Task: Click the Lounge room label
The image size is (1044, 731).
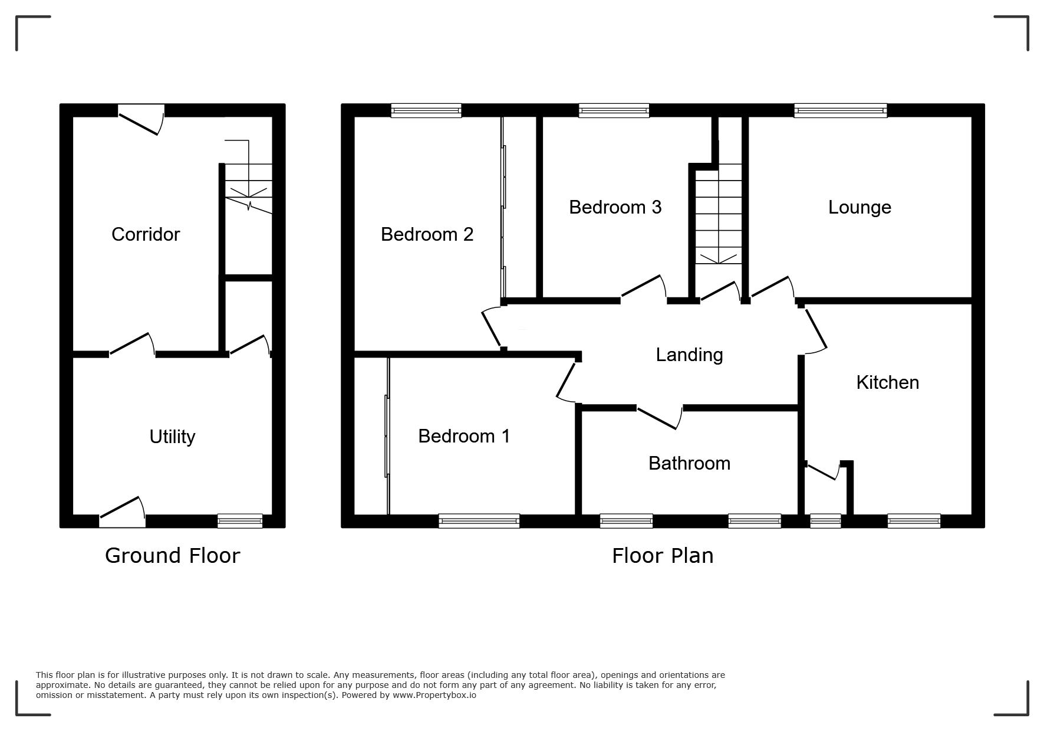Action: coord(859,207)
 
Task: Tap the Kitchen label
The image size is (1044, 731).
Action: coord(887,382)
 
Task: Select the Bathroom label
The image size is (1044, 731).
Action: coord(689,463)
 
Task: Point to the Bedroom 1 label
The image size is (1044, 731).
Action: coord(464,436)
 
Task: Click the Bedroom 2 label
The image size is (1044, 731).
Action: coord(427,234)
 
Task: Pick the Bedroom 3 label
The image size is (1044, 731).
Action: coord(615,207)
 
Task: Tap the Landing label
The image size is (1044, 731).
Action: coord(689,355)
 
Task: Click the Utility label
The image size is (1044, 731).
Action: coord(172,437)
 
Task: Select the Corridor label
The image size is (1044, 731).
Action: coord(146,234)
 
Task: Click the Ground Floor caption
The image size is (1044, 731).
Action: coord(173,556)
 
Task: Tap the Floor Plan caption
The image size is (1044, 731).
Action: coord(663,556)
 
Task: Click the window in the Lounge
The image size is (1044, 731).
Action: coord(840,110)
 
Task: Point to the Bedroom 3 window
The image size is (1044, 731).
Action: coord(614,110)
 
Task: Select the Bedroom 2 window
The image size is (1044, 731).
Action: coord(426,110)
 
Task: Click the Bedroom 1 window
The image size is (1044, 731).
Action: coord(479,520)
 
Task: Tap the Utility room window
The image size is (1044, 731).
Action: coord(240,520)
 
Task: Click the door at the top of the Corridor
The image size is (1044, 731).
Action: coord(141,119)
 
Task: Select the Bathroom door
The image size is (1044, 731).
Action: coord(660,417)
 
